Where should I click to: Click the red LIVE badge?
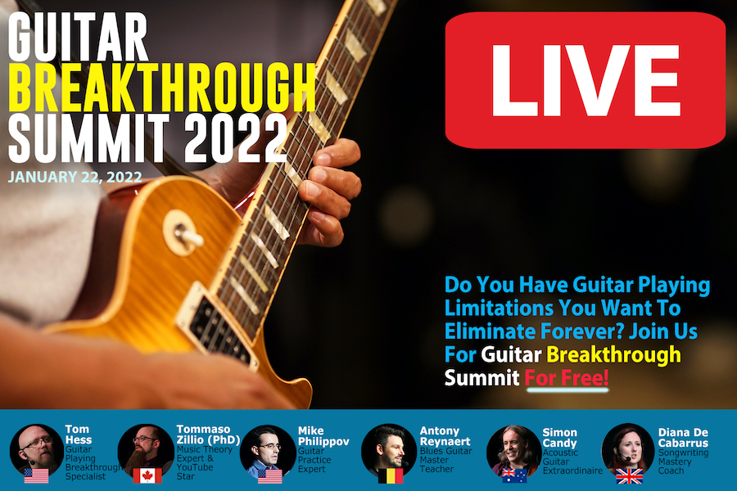586,80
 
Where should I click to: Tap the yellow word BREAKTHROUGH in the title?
162,88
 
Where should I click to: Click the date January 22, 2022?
75,177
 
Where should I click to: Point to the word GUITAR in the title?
78,37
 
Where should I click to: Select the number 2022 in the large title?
236,138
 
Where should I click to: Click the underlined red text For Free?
567,377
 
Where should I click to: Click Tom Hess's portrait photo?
37,450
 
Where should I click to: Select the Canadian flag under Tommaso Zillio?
147,475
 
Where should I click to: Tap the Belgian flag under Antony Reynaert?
391,475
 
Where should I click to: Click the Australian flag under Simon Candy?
514,475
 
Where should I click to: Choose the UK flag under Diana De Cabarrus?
629,476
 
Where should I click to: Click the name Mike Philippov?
323,436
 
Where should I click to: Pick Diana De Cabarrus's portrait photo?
628,449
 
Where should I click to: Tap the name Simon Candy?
559,438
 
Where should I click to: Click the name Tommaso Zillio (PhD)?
208,435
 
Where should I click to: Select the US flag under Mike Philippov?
269,475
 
